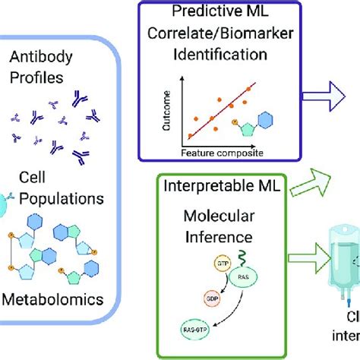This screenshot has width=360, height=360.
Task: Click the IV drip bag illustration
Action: tap(337, 273)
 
